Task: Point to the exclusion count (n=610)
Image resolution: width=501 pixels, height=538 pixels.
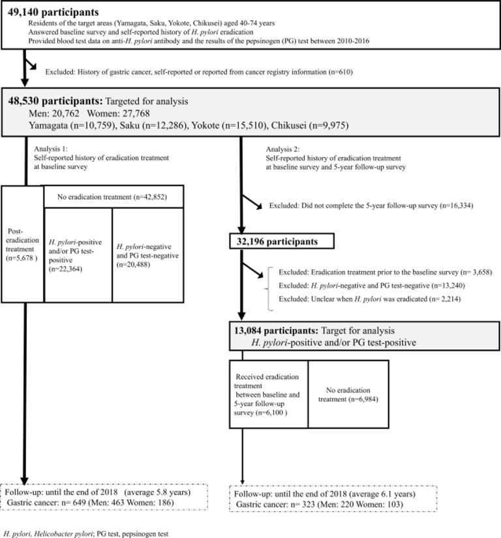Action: click(x=339, y=72)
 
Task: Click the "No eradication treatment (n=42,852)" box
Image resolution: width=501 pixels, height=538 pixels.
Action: click(x=114, y=196)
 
